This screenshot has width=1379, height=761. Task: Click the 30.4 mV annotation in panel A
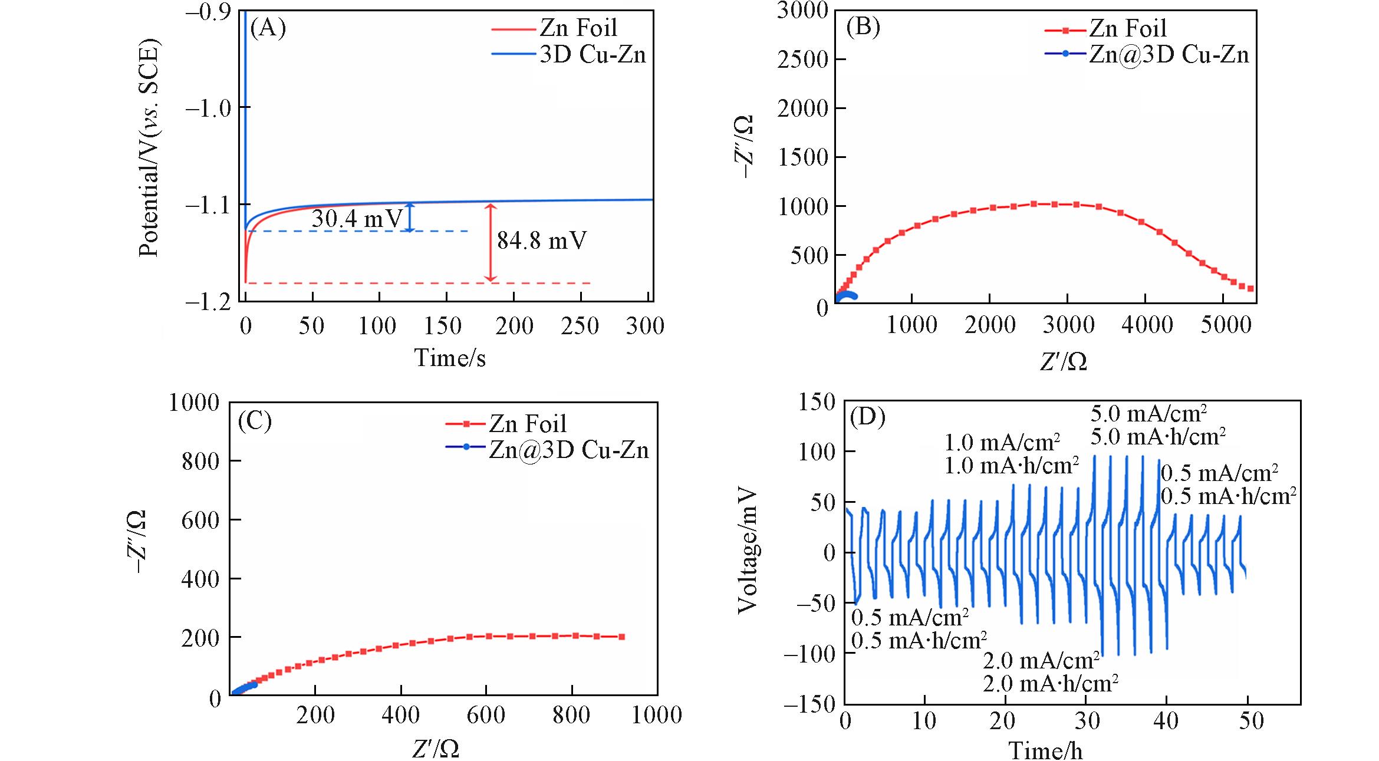[x=356, y=219]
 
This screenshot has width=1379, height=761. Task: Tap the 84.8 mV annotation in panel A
[x=541, y=241]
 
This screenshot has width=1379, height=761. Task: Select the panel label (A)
[x=268, y=28]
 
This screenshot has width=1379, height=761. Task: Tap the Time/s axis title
[x=450, y=358]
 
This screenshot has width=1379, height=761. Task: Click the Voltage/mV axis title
[x=748, y=551]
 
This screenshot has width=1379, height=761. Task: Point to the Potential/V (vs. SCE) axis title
[x=149, y=147]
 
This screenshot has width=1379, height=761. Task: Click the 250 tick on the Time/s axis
[x=580, y=326]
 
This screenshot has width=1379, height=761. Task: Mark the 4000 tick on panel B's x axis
[x=1147, y=325]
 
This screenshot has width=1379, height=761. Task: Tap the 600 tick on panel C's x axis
[x=486, y=715]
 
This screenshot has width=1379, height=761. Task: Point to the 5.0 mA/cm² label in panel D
[x=1148, y=414]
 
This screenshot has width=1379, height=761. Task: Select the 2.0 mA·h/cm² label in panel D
[x=1051, y=683]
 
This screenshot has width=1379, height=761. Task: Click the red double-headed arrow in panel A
[x=491, y=243]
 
